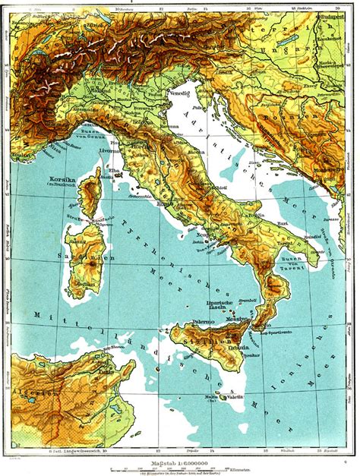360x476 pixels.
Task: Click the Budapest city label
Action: coord(333,15)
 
